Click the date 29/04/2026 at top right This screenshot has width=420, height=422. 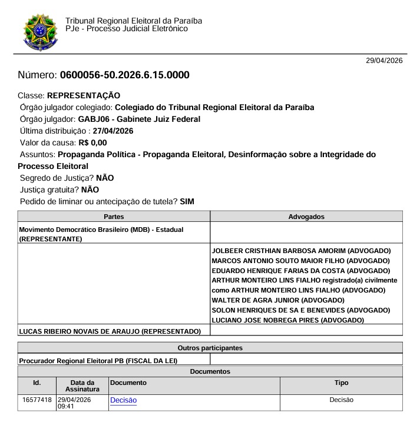384,61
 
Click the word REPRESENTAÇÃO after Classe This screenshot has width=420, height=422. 84,95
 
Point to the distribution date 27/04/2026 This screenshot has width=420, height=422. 113,131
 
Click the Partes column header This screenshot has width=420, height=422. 114,217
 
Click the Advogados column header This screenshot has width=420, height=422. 306,217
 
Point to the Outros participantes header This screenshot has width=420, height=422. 210,348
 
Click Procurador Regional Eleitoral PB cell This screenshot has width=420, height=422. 98,360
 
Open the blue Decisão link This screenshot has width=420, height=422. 123,400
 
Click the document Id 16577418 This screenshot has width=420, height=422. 36,400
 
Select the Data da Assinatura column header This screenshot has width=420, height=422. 82,386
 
